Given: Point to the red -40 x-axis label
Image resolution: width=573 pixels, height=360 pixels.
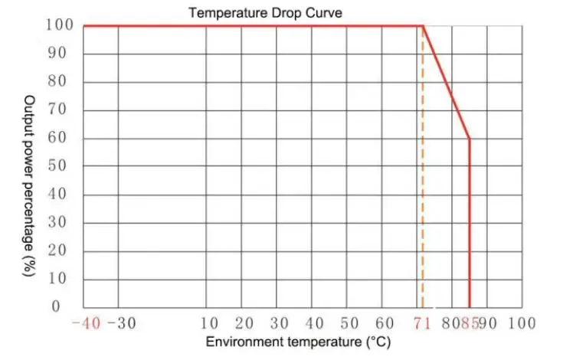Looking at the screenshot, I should tap(86, 323).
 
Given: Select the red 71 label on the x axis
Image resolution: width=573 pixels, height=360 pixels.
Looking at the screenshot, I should tap(423, 323).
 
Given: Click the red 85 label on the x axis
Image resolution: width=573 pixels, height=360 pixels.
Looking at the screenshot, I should tap(470, 323).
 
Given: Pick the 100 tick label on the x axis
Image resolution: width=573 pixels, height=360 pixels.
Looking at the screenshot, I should tap(522, 323).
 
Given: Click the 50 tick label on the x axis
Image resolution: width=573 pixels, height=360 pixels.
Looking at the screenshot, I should tap(349, 323).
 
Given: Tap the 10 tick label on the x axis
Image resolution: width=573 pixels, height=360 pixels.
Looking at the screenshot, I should tap(208, 323).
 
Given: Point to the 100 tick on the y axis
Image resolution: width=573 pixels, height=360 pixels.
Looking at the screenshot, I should tap(61, 26).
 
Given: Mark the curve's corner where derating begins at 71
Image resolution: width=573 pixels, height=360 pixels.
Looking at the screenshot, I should tap(423, 26).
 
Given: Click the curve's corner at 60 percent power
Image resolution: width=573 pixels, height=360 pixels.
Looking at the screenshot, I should tap(469, 139).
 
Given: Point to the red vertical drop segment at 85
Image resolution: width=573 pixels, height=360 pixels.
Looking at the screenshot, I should tap(469, 230).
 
